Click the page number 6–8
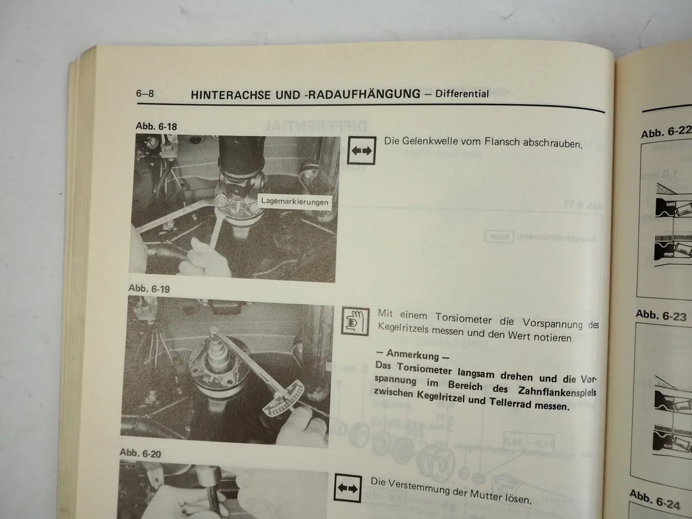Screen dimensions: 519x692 pos(145,94)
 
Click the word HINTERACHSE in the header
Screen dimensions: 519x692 pos(225,95)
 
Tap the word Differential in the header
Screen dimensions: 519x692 pos(462,94)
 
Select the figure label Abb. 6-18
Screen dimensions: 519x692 pos(156,126)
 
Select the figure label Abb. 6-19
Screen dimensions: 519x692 pos(149,289)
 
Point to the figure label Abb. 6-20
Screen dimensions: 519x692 pos(140,453)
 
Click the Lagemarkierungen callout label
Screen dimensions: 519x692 pos(294,202)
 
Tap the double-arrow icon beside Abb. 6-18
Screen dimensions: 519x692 pos(362,151)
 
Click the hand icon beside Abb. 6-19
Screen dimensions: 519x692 pos(355,323)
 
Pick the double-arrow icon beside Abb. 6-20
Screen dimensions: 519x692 pos(347,488)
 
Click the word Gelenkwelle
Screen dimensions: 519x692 pos(428,142)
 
